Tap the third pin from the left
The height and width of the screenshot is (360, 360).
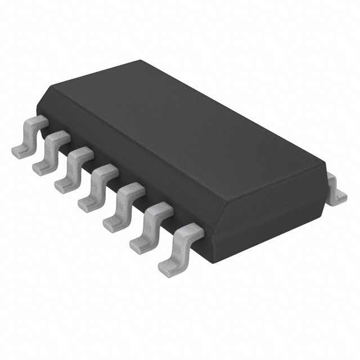71,167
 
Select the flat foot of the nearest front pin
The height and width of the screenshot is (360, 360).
169,269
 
